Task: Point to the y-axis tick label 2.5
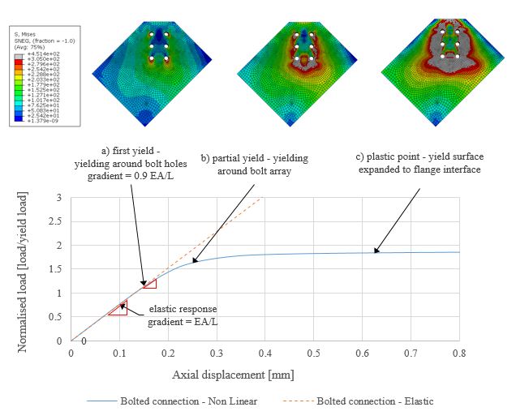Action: [58, 221]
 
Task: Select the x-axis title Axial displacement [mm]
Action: [233, 375]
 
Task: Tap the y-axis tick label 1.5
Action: [58, 269]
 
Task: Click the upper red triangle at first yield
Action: [149, 283]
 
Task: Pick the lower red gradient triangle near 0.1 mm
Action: [118, 309]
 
